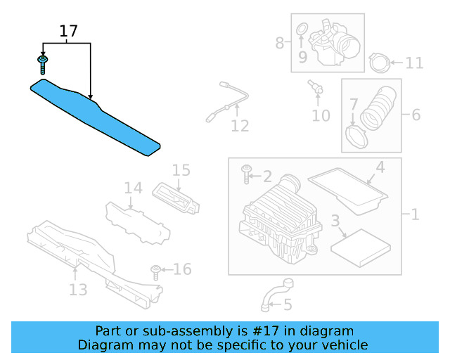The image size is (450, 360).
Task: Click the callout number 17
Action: (x=68, y=31)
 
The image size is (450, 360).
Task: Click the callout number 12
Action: (x=240, y=126)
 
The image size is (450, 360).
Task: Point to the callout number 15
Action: (x=181, y=170)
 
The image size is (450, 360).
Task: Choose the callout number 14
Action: (x=134, y=188)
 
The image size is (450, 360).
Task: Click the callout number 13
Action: (x=78, y=290)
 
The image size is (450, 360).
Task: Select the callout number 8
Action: (x=280, y=43)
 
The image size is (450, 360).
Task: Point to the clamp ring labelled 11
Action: (x=379, y=63)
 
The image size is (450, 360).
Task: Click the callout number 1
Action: (x=415, y=214)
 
